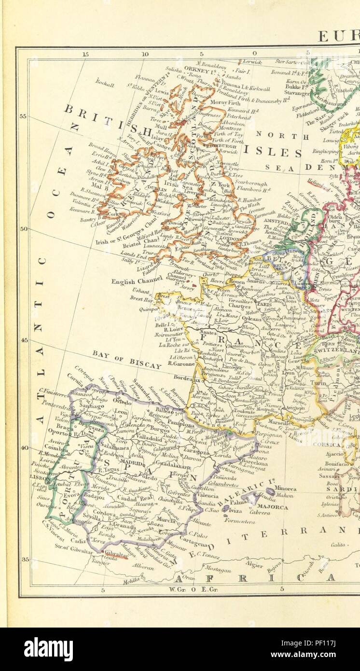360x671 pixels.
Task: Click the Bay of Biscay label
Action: pyautogui.click(x=126, y=359)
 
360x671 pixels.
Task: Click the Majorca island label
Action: pyautogui.click(x=275, y=507)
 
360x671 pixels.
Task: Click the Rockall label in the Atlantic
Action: pyautogui.click(x=105, y=82)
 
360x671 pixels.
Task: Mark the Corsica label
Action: pyautogui.click(x=327, y=444)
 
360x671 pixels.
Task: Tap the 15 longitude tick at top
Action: pyautogui.click(x=85, y=54)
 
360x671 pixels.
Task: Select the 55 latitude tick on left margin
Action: pyautogui.click(x=22, y=116)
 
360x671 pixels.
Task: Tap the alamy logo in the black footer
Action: pyautogui.click(x=48, y=649)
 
